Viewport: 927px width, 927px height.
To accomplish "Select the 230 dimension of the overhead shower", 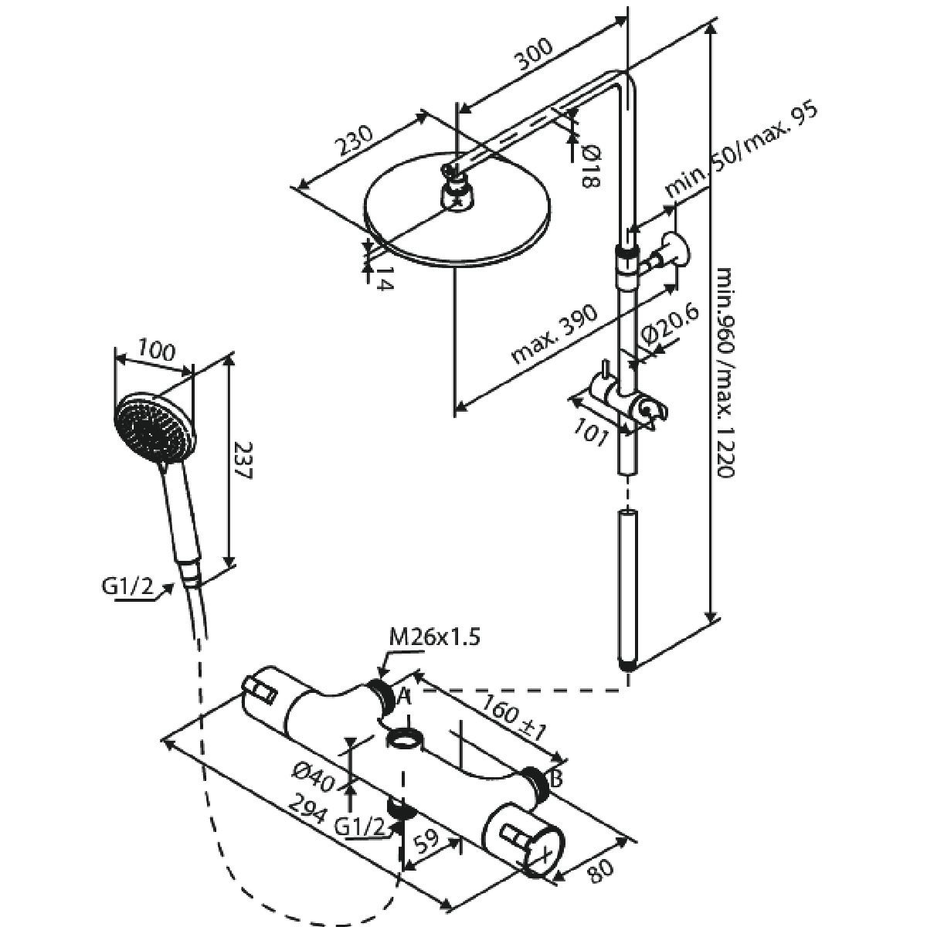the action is [x=354, y=141].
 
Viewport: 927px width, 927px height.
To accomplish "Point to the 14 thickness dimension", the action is [x=385, y=279].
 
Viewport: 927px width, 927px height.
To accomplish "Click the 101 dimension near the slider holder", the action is [x=592, y=432].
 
